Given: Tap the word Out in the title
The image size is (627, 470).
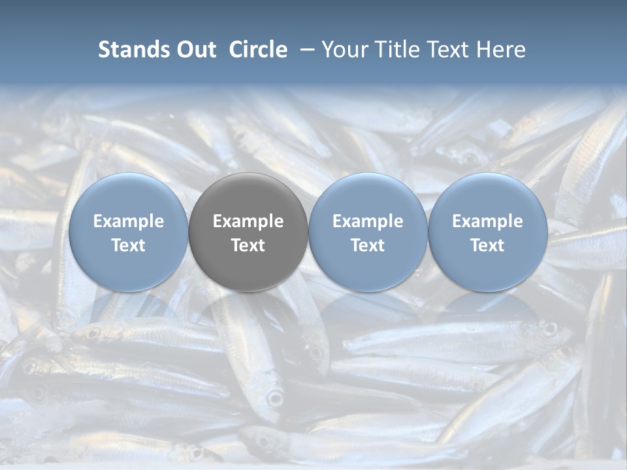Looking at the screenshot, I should (195, 50).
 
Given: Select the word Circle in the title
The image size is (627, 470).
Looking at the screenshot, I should (258, 50).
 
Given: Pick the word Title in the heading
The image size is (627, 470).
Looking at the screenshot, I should (396, 50).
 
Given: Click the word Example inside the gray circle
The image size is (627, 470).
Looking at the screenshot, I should (248, 221).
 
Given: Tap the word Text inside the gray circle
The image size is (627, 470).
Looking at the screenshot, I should (248, 245).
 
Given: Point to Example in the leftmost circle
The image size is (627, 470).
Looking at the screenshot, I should (128, 221).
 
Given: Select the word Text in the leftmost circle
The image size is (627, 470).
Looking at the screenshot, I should (128, 245).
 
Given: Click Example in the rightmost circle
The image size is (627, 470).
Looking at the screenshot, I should (487, 221).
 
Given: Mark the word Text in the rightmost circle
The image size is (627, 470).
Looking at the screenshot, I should (487, 245).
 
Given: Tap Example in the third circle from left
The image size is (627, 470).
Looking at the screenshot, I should (368, 221).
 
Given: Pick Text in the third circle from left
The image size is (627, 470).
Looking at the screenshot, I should (368, 245).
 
